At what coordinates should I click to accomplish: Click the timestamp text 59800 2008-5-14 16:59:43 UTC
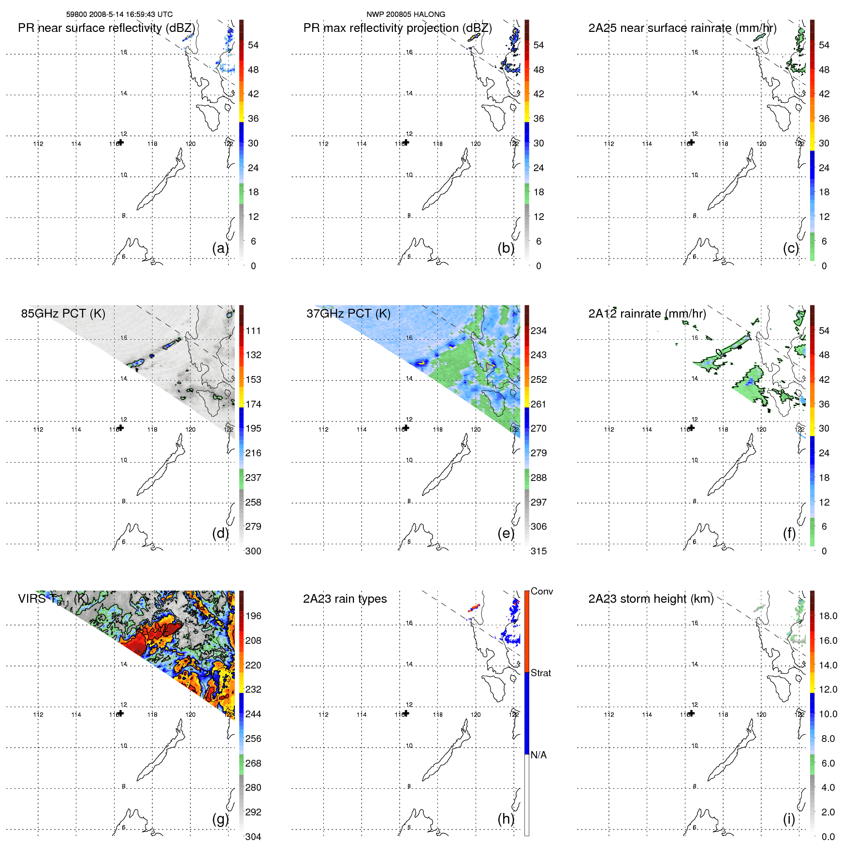119,15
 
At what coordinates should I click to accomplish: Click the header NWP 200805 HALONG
406,15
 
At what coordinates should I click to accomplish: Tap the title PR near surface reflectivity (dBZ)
106,28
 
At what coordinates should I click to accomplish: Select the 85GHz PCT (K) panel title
63,314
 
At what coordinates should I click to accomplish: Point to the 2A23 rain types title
345,599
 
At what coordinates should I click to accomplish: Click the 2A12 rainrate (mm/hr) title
647,314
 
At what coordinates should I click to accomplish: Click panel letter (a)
220,248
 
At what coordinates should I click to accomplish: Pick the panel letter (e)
506,534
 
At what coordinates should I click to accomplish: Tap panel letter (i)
789,819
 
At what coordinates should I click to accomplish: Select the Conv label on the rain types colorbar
541,591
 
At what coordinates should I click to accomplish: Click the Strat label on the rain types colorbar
540,673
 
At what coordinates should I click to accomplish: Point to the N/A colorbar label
538,755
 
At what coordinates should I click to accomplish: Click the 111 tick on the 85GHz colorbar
253,331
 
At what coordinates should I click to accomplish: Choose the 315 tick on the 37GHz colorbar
538,551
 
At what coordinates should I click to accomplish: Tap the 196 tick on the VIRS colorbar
253,616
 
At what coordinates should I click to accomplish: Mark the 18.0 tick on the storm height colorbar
827,616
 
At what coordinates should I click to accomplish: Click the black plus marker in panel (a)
121,143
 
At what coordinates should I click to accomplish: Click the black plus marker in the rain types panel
406,713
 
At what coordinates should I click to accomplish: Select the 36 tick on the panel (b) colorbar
538,118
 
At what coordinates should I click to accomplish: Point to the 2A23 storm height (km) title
651,599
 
